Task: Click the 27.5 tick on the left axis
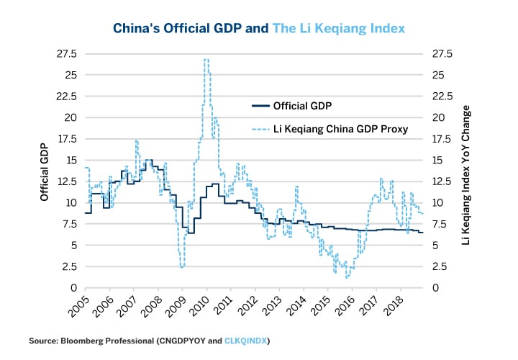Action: (66, 53)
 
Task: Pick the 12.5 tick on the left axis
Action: (66, 181)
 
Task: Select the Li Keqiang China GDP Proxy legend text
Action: (341, 130)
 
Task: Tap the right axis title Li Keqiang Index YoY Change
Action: (466, 171)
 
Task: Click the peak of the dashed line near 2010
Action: (206, 60)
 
